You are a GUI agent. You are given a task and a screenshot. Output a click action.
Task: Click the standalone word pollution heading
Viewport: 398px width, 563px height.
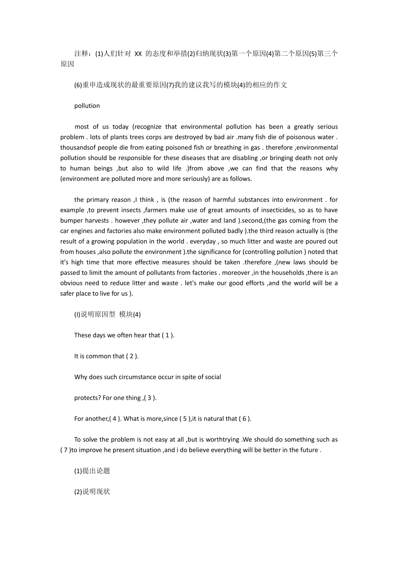click(x=87, y=106)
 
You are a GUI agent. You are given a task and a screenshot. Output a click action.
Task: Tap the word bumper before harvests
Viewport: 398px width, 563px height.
click(x=72, y=221)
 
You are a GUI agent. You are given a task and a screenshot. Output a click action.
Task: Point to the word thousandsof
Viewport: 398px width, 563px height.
click(x=78, y=148)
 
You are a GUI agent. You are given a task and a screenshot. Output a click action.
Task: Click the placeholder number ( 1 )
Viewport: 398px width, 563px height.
click(x=168, y=336)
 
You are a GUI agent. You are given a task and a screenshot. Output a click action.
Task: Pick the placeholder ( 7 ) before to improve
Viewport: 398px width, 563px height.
click(x=65, y=450)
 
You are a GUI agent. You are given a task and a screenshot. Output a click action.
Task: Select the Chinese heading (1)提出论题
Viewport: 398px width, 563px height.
click(x=92, y=471)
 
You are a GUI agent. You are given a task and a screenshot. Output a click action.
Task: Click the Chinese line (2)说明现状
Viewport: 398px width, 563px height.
click(x=92, y=492)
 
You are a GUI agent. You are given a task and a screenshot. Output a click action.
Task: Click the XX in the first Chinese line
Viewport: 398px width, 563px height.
click(x=138, y=54)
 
